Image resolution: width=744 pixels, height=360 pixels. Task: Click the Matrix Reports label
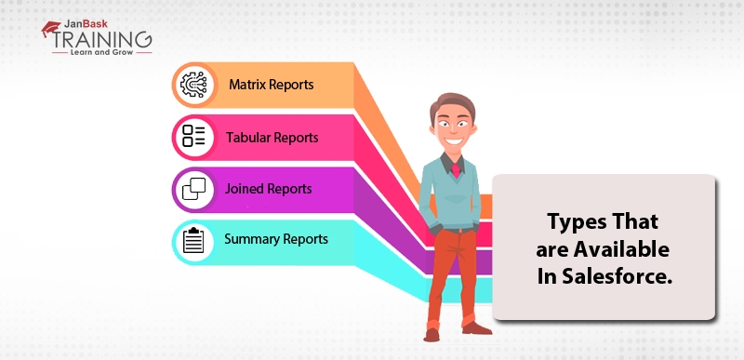pos(271,85)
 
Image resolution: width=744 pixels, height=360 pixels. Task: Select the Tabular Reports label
pos(272,138)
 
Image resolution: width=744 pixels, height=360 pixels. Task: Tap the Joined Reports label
pos(268,189)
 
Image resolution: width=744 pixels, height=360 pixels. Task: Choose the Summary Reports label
pos(275,238)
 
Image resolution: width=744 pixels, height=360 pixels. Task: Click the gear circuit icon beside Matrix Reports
pos(193,85)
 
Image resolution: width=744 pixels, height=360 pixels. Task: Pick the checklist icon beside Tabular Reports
pos(193,136)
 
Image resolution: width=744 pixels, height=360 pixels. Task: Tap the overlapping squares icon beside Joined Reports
pos(193,189)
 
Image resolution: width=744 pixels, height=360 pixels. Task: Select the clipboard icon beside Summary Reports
pos(193,241)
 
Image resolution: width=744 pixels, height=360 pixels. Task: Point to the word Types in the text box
pos(577,222)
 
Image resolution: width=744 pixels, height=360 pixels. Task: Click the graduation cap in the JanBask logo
pos(50,29)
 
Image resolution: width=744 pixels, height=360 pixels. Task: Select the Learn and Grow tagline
pos(101,52)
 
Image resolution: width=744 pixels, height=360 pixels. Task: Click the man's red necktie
pos(456,170)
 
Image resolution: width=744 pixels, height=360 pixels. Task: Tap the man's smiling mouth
pos(452,140)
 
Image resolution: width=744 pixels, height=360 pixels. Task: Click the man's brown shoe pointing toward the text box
pos(476,327)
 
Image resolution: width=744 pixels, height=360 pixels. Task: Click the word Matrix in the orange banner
pos(247,85)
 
